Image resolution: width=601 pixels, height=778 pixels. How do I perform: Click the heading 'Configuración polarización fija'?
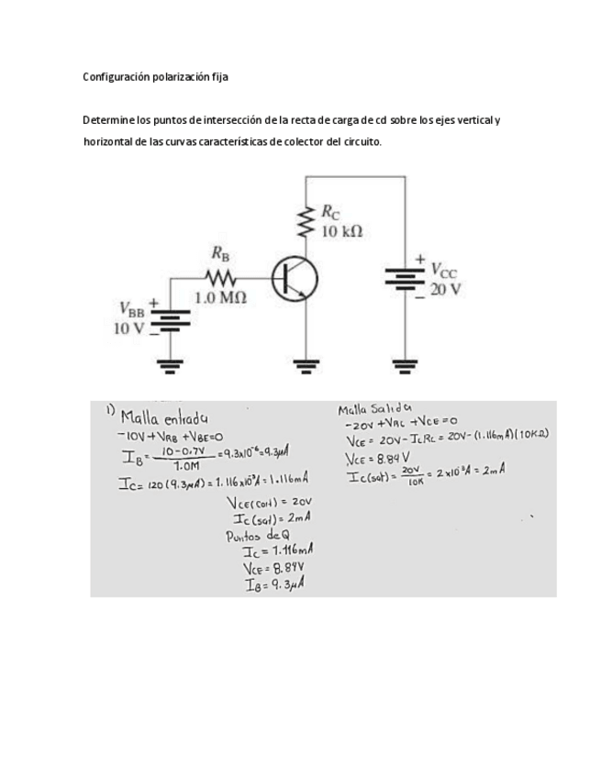(155, 77)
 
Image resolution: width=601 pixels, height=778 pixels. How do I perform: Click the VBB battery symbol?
(170, 317)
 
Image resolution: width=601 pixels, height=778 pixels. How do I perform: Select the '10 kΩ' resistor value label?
(341, 231)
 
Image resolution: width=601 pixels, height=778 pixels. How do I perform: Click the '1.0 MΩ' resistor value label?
(220, 298)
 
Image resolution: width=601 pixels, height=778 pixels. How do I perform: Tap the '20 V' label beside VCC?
(445, 289)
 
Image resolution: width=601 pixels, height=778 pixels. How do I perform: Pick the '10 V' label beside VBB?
(128, 328)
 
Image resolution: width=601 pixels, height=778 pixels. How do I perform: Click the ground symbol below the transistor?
(305, 366)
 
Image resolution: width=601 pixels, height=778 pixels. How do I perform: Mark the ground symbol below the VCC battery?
(405, 366)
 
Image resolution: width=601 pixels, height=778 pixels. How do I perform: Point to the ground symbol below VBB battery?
(170, 366)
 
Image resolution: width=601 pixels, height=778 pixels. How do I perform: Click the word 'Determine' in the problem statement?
(108, 120)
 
